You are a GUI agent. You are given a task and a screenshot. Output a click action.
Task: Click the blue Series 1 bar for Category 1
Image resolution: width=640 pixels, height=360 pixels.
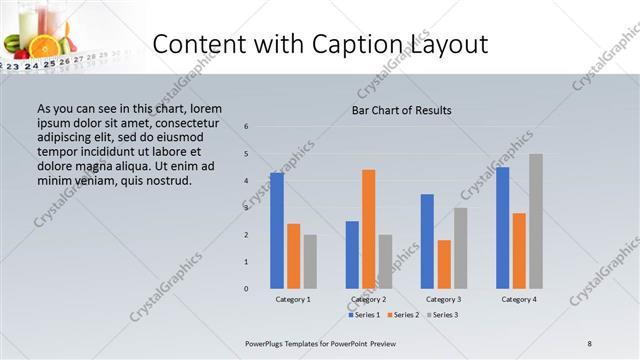coord(276,231)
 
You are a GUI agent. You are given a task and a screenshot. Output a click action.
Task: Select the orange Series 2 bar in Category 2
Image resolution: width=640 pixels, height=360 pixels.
coord(368,229)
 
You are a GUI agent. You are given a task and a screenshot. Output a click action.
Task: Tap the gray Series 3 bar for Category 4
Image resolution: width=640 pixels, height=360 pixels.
coord(536,221)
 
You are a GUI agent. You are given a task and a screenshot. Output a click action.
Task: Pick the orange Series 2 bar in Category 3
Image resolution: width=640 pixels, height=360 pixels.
coord(444,264)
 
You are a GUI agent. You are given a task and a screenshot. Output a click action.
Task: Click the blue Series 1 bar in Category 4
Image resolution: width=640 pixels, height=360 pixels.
coord(502,228)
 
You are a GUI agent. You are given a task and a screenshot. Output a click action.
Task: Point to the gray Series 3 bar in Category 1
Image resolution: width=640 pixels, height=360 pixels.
coord(310,262)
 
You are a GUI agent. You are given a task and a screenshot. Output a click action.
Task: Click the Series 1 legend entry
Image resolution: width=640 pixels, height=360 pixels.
coord(364,315)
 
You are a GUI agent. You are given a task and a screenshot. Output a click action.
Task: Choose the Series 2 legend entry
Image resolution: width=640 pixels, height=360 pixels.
coord(402,315)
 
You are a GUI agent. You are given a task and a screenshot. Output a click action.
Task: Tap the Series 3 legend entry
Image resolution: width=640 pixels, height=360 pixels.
coord(441,315)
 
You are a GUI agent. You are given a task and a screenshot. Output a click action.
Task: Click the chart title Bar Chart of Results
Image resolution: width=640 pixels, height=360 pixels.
coord(401,110)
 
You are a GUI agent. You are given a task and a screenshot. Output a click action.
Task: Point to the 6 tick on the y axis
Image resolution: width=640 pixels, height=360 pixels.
coord(246,127)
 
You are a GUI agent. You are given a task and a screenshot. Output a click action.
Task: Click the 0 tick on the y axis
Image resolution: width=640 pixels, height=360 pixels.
coord(246,289)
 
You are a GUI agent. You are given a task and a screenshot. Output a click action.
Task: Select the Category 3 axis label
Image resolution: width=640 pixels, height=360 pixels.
coord(444,299)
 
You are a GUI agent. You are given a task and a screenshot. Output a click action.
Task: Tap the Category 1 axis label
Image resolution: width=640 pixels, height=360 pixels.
coord(293,299)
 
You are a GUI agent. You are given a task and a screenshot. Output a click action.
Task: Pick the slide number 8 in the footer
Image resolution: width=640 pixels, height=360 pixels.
coord(589,343)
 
